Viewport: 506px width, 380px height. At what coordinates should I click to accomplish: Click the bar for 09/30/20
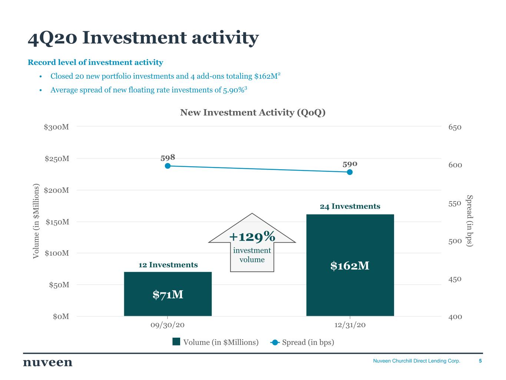click(168, 294)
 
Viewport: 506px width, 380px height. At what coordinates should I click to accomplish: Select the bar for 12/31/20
click(350, 265)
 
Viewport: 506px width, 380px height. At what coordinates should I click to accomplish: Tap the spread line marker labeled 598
click(168, 166)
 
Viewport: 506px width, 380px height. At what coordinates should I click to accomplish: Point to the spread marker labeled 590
click(350, 172)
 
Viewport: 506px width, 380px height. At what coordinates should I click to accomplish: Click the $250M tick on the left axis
click(57, 159)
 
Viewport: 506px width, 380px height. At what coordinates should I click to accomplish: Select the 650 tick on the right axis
click(455, 127)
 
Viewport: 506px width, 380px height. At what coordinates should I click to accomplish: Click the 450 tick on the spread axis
click(455, 279)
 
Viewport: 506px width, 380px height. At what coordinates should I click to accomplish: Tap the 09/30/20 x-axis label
click(168, 325)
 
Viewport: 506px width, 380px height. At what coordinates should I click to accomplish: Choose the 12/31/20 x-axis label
click(350, 325)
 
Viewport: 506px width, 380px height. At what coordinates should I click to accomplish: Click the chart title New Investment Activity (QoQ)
click(253, 112)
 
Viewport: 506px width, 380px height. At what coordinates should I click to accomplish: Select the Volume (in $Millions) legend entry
click(215, 342)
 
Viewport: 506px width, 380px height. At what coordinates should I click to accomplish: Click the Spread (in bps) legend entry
click(303, 342)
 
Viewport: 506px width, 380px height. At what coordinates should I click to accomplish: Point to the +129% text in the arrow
click(252, 236)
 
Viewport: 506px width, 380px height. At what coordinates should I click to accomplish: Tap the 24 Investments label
click(350, 206)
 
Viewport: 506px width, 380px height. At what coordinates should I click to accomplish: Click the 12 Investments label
click(168, 265)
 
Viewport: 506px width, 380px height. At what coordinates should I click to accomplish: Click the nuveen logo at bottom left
click(48, 363)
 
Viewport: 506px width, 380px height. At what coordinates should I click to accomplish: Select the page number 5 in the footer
click(480, 361)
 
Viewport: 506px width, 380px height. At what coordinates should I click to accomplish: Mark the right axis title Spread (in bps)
click(469, 220)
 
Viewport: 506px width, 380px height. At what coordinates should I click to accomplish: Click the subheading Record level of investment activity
click(95, 62)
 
